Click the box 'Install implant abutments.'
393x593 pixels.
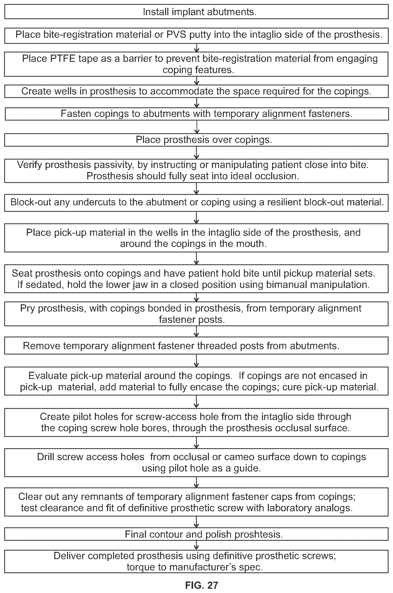click(x=197, y=12)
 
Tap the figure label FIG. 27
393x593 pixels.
click(x=202, y=585)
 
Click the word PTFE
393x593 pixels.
click(x=63, y=58)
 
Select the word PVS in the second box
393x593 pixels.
click(x=176, y=34)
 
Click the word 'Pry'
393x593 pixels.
click(x=28, y=308)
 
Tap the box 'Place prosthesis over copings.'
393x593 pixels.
click(x=197, y=140)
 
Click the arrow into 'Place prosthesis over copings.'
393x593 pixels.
click(x=197, y=127)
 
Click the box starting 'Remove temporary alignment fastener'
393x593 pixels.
click(x=197, y=346)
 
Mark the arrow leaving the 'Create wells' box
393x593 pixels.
click(x=197, y=103)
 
